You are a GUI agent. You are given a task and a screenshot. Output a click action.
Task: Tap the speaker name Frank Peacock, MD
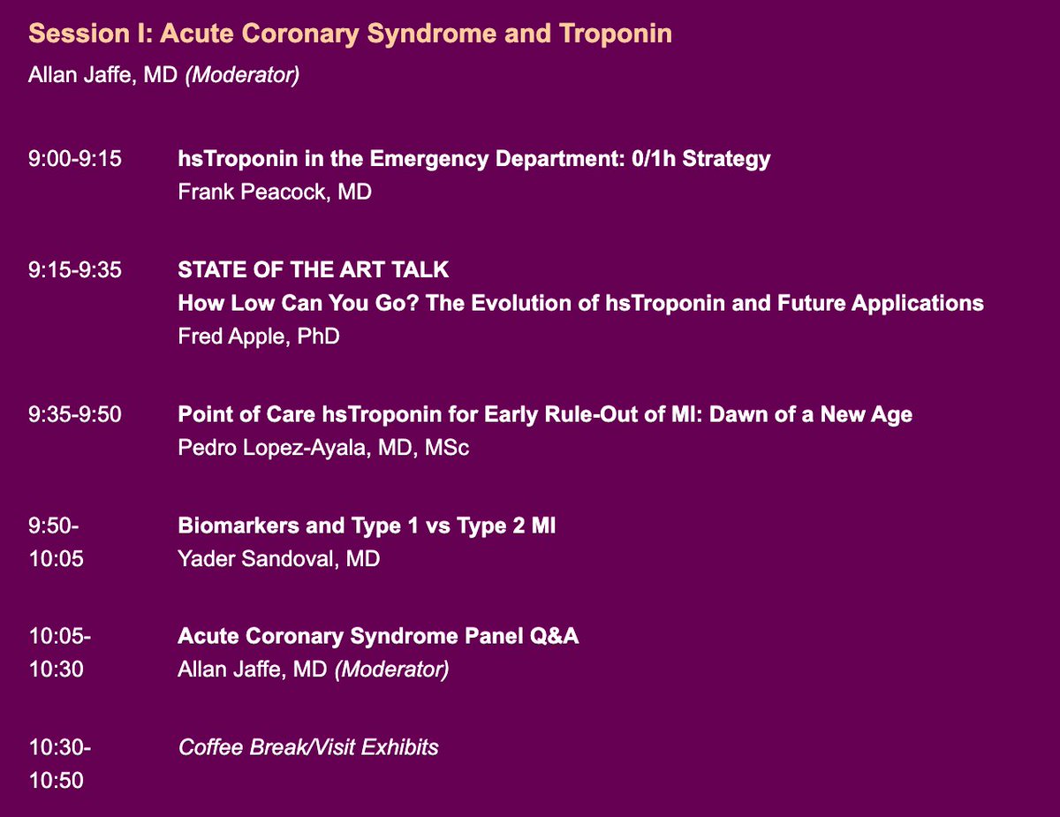(274, 192)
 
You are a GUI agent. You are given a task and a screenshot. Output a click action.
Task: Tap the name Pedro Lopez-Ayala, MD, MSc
(323, 448)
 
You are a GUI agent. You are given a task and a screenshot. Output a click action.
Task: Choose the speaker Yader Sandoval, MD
(279, 558)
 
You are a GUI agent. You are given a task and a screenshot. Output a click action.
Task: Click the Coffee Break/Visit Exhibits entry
(308, 747)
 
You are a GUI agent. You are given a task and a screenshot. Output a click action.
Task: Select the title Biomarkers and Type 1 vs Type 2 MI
(367, 526)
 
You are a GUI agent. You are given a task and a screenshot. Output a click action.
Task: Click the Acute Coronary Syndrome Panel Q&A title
(378, 637)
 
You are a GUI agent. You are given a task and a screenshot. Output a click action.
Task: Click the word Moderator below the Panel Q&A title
(390, 669)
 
